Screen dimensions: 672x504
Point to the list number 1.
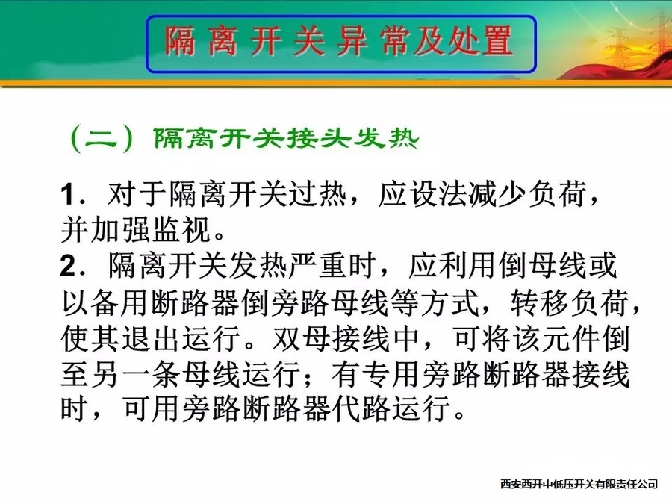point(69,195)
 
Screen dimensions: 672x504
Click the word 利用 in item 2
point(467,266)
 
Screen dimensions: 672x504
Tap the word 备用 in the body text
point(119,302)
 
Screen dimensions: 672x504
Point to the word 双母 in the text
point(302,338)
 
